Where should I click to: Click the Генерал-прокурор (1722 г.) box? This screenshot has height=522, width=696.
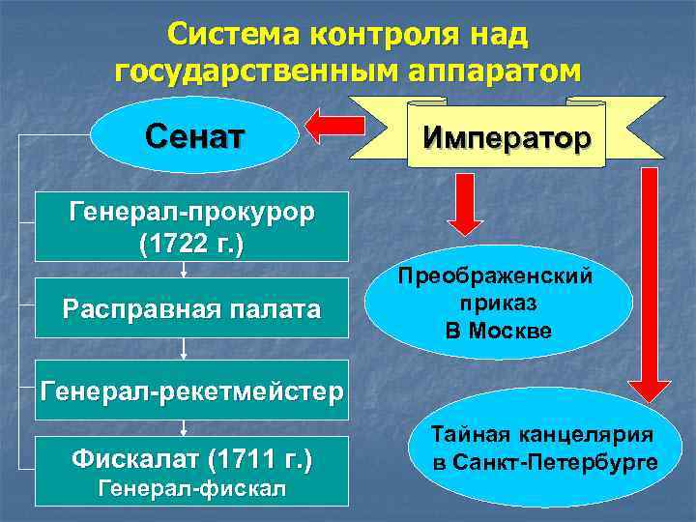click(191, 228)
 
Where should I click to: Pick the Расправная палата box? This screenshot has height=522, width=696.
click(191, 309)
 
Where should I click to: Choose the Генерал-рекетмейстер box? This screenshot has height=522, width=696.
click(191, 392)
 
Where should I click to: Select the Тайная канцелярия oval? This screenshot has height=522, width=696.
click(543, 449)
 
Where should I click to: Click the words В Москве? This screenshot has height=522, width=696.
click(499, 331)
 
